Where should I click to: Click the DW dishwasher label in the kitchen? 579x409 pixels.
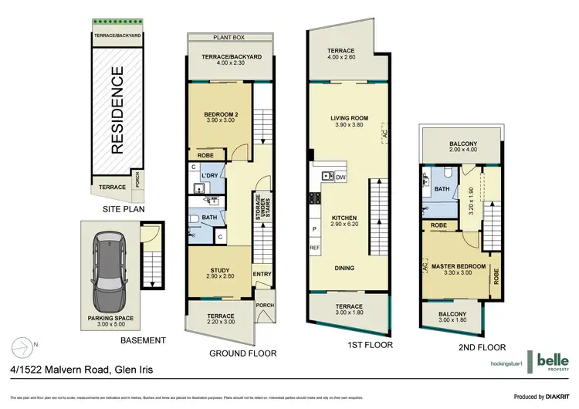(341, 177)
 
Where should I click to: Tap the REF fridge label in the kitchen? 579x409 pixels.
(314, 248)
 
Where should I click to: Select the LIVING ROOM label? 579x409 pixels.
(349, 119)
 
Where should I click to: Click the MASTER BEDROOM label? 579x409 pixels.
(459, 266)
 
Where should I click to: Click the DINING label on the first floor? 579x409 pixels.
(345, 268)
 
